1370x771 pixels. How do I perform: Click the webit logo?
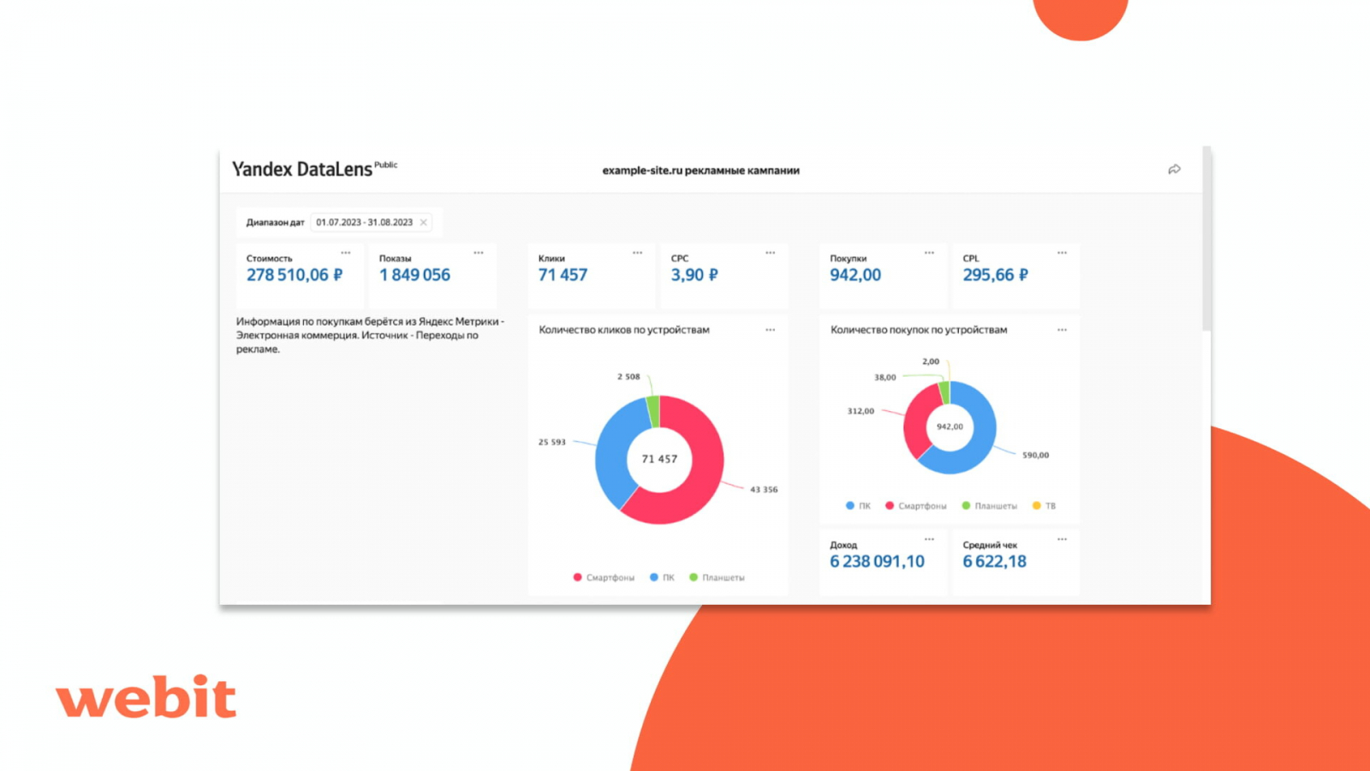[x=146, y=696]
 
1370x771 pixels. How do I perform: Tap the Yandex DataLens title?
[x=302, y=169]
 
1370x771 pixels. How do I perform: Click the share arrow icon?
[x=1174, y=170]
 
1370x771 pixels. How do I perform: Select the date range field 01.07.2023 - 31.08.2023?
[x=364, y=223]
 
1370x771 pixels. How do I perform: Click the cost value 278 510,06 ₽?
[x=294, y=275]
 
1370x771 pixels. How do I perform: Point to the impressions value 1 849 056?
[x=414, y=275]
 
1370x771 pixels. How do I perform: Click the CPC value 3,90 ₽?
[x=694, y=275]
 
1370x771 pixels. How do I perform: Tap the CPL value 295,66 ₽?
[x=995, y=275]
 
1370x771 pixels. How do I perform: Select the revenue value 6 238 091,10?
[x=877, y=562]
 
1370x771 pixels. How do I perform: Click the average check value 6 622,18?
[x=994, y=562]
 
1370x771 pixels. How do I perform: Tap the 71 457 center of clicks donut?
[x=659, y=459]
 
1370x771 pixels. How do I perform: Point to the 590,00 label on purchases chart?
[x=1035, y=456]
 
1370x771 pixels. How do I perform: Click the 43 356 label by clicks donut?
[x=764, y=490]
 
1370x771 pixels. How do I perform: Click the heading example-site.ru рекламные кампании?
[x=700, y=170]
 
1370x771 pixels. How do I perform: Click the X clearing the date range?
[x=423, y=223]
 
